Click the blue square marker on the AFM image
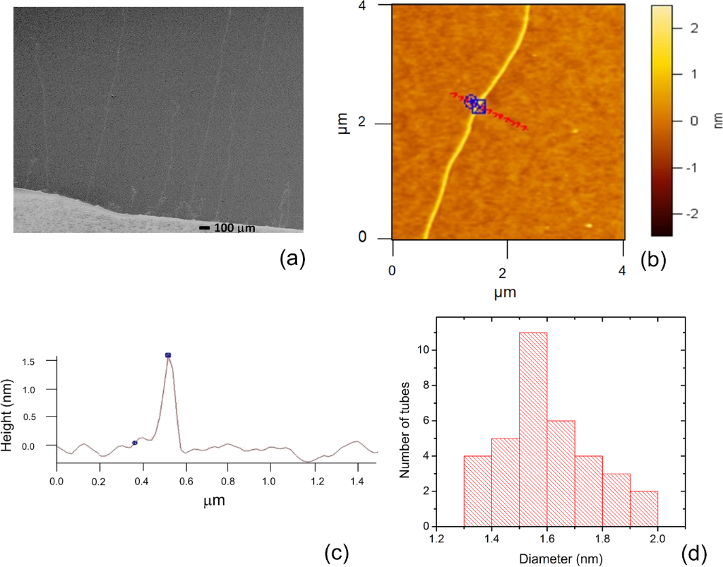(479, 107)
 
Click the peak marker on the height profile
(168, 355)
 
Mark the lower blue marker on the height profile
(135, 443)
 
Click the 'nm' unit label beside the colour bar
(714, 121)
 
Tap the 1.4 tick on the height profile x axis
(357, 477)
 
